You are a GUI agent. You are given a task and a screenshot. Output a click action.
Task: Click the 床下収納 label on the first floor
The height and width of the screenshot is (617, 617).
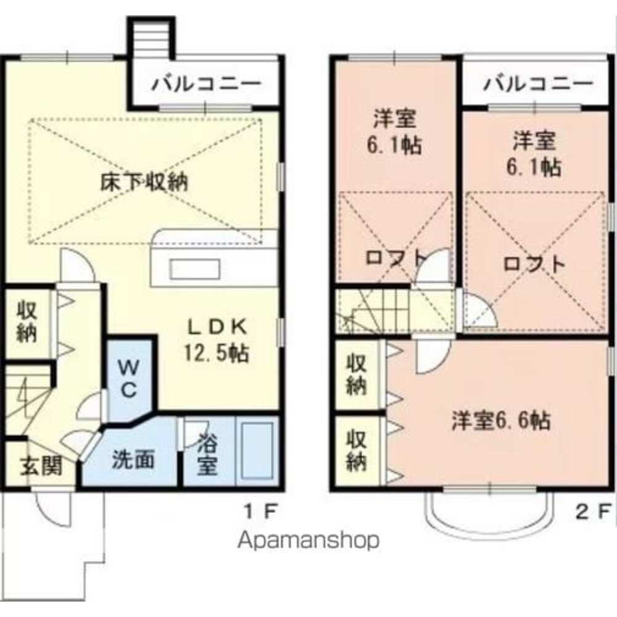tap(144, 183)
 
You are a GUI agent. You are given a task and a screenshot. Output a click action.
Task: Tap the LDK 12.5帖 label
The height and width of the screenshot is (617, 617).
tap(216, 339)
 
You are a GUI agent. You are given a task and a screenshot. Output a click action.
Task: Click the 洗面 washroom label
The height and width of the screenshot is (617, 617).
tap(133, 460)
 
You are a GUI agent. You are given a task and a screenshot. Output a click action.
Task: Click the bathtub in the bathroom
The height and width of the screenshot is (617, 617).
tap(257, 451)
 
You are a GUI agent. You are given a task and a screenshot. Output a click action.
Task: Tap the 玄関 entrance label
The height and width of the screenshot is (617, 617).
tap(42, 466)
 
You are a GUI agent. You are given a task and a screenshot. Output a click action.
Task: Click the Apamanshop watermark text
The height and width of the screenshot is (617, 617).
tap(308, 541)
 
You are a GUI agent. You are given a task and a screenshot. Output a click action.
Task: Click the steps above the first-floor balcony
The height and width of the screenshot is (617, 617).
tap(152, 37)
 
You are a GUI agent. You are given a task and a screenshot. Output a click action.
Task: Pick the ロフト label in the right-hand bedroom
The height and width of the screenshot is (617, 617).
tap(534, 264)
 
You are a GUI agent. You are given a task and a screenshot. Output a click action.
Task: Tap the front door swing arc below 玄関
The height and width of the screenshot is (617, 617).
tap(54, 506)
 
